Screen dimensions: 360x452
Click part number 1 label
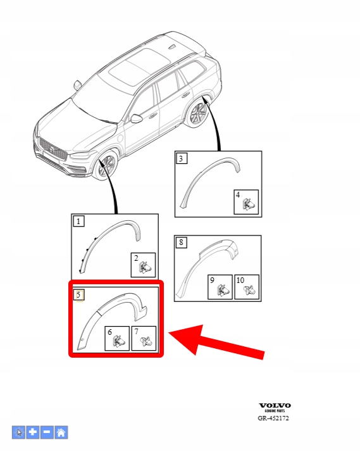pyautogui.click(x=78, y=222)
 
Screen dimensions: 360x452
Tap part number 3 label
pyautogui.click(x=181, y=158)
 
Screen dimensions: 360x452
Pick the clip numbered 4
pyautogui.click(x=249, y=204)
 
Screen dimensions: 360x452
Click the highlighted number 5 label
pyautogui.click(x=78, y=295)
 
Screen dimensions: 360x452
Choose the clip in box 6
pyautogui.click(x=119, y=341)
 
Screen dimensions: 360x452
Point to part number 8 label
pyautogui.click(x=181, y=242)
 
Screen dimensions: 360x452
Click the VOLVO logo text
pyautogui.click(x=275, y=406)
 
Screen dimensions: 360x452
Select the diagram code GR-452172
pyautogui.click(x=273, y=418)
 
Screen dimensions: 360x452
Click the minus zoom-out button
pyautogui.click(x=47, y=432)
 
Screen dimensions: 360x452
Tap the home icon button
pyautogui.click(x=61, y=432)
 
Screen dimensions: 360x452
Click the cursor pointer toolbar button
pyautogui.click(x=19, y=432)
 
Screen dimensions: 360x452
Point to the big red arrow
pyautogui.click(x=216, y=342)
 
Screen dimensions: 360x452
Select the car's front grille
pyautogui.click(x=53, y=149)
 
